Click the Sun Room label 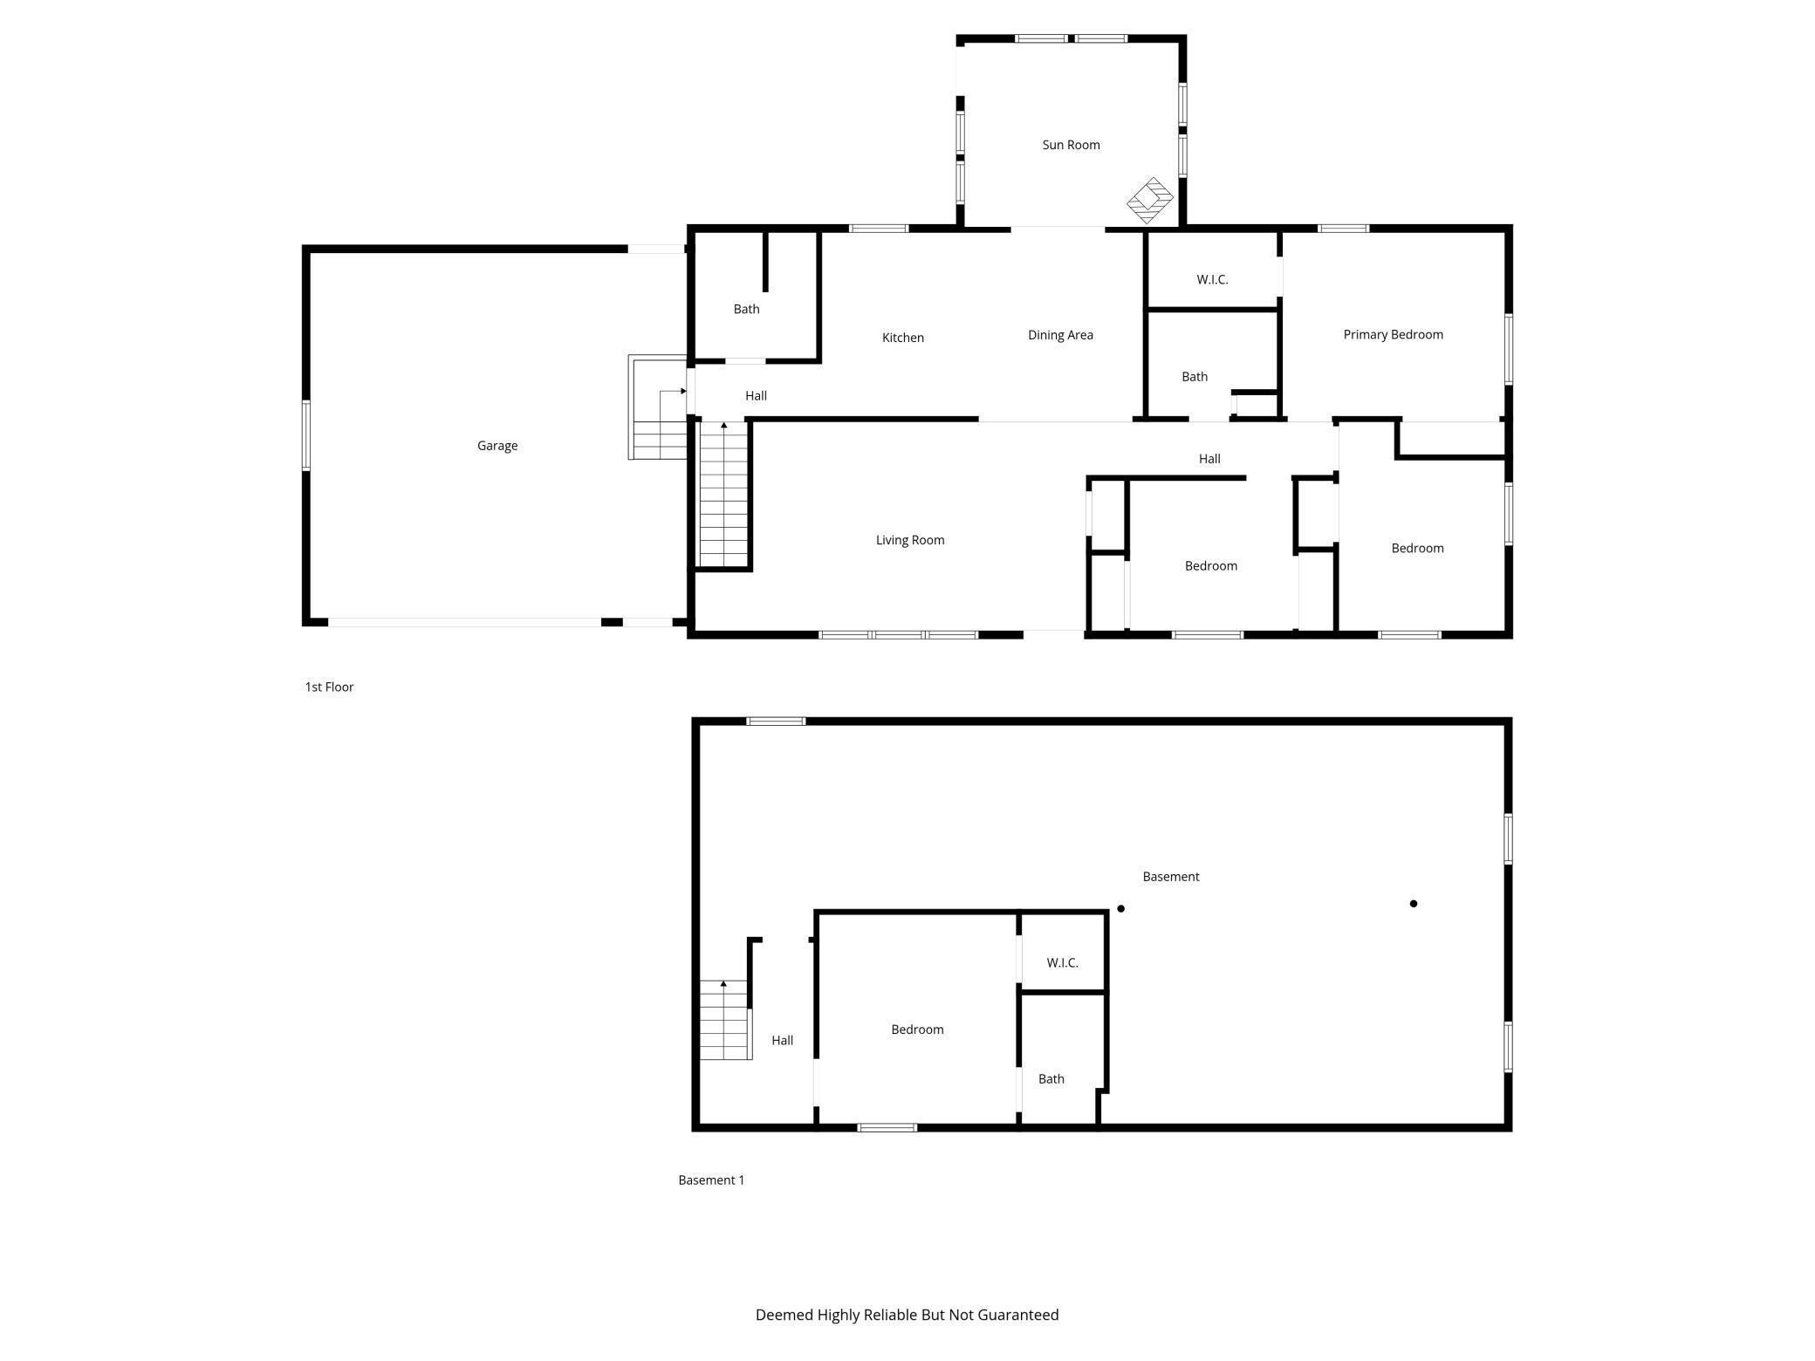point(1071,145)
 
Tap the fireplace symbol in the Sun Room point(1150,201)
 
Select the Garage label point(497,446)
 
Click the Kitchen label point(902,338)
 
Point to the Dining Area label point(1060,335)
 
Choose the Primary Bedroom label point(1393,334)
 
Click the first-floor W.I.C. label point(1212,280)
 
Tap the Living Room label point(910,540)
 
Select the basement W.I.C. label point(1062,963)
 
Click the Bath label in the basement point(1051,1079)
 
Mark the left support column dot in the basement point(1121,909)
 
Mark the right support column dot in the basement point(1414,904)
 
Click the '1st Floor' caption point(329,687)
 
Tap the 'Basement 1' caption point(711,1180)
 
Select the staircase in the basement point(725,1020)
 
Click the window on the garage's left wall point(306,435)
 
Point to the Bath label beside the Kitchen point(746,309)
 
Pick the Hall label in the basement point(782,1041)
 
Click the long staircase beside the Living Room point(724,495)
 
